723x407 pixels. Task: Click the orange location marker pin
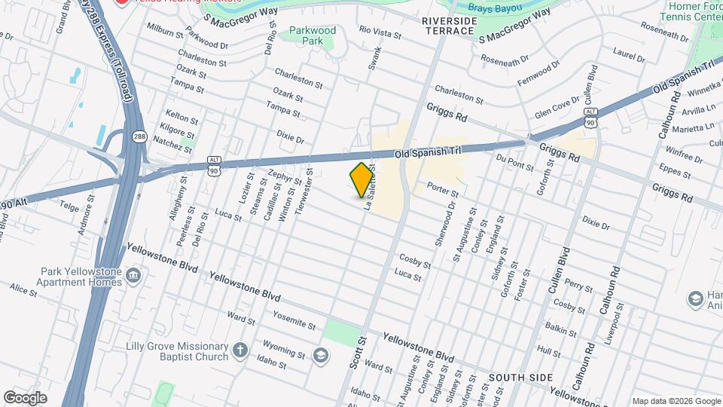pyautogui.click(x=362, y=180)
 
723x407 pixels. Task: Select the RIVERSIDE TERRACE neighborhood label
pyautogui.click(x=449, y=26)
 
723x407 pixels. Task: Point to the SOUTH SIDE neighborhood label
pyautogui.click(x=517, y=376)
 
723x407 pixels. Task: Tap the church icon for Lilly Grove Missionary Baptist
pyautogui.click(x=239, y=350)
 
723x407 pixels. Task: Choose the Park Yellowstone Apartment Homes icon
pyautogui.click(x=134, y=277)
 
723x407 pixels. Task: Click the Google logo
pyautogui.click(x=25, y=397)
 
